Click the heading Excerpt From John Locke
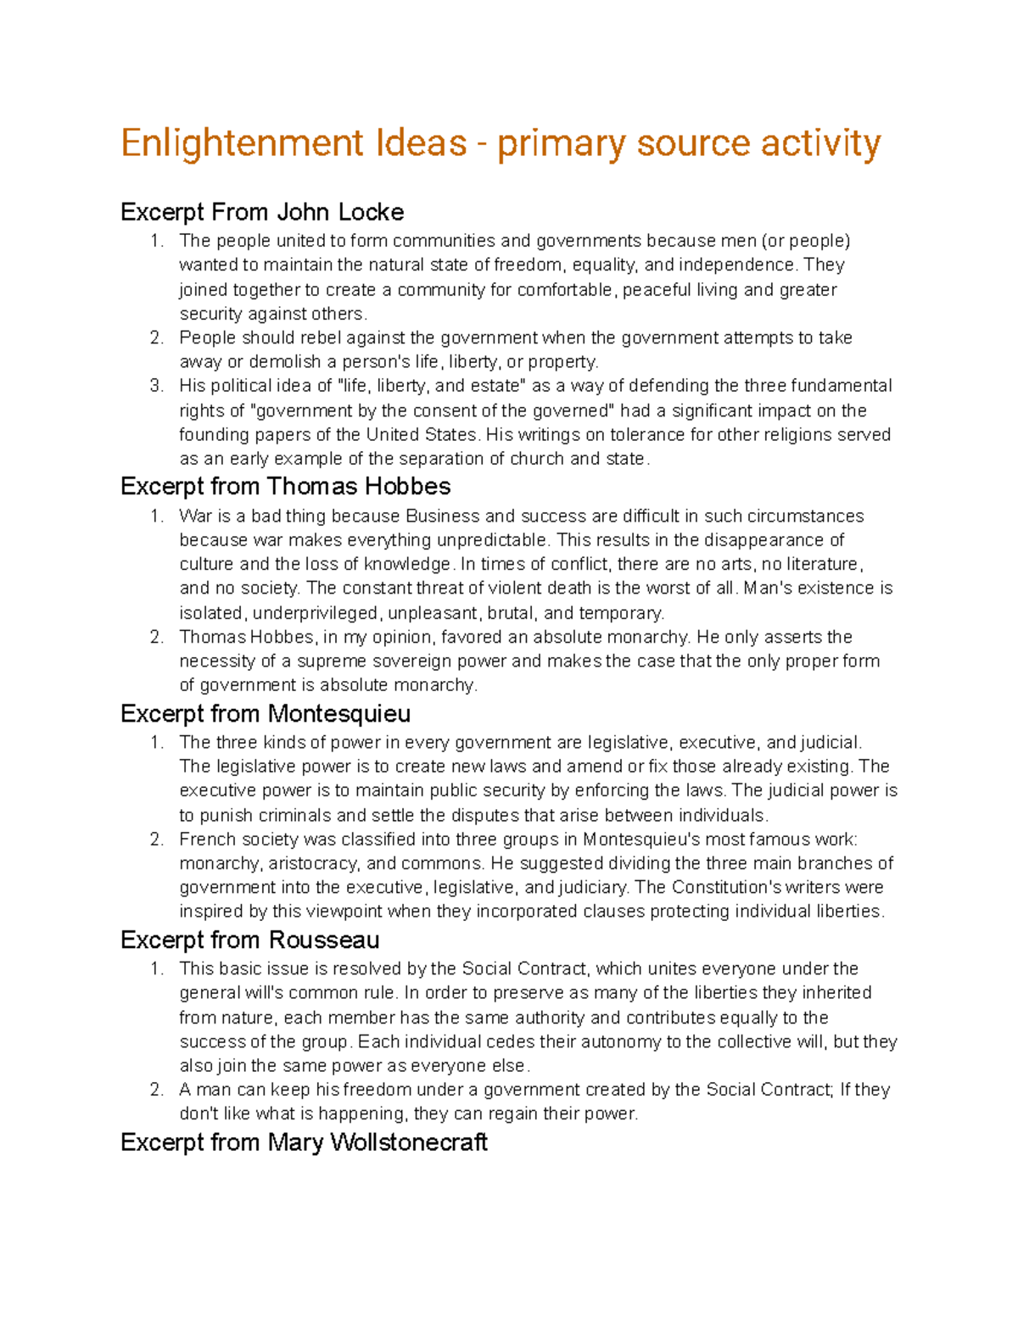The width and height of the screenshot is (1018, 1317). pyautogui.click(x=262, y=212)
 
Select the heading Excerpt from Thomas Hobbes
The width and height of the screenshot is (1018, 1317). pyautogui.click(x=285, y=487)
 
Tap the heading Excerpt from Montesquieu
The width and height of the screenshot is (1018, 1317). pyautogui.click(x=266, y=713)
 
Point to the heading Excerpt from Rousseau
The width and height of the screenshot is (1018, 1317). pyautogui.click(x=249, y=940)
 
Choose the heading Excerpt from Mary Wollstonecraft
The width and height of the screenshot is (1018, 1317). pyautogui.click(x=304, y=1142)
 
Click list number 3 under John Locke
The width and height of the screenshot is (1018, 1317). pyautogui.click(x=156, y=386)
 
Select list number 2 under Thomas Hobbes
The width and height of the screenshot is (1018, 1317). pyautogui.click(x=156, y=637)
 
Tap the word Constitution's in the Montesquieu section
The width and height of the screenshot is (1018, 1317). pyautogui.click(x=726, y=888)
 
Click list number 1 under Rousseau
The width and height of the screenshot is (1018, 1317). pyautogui.click(x=156, y=968)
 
